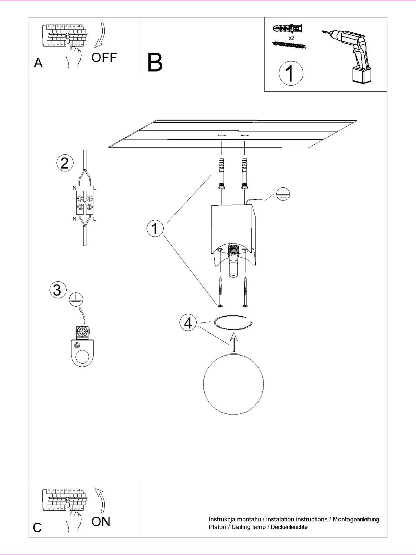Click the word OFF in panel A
[x=104, y=58]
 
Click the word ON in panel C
[x=101, y=522]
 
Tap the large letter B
[x=155, y=62]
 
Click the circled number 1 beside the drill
[x=291, y=74]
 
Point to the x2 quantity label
[x=291, y=38]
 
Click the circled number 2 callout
[x=65, y=163]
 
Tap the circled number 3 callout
[x=58, y=290]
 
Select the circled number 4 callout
[x=188, y=323]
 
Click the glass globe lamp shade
[x=233, y=384]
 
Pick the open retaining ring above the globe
[x=234, y=322]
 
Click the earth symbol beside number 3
[x=76, y=299]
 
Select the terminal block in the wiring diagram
[x=85, y=203]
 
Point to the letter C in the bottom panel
[x=37, y=528]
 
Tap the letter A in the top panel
[x=38, y=63]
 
